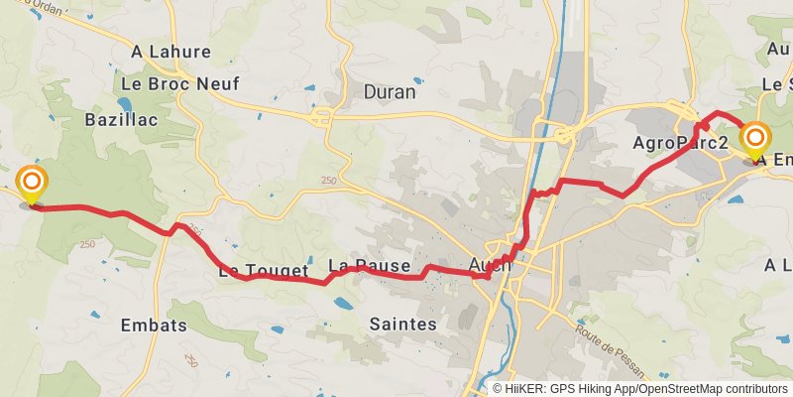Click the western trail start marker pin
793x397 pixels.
coord(32,184)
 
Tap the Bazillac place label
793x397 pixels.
coord(122,119)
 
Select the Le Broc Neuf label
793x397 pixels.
coord(179,84)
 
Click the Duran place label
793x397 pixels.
coord(390,92)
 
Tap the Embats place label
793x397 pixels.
coord(153,326)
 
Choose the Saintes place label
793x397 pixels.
coord(402,325)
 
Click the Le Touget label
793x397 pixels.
coord(257,269)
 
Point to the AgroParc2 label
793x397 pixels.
coord(681,144)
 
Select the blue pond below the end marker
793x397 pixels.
coord(736,199)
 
